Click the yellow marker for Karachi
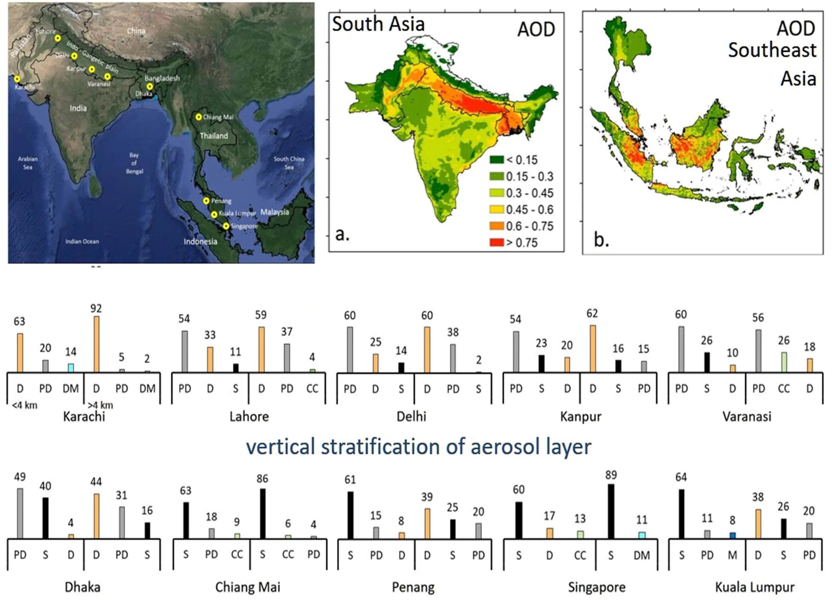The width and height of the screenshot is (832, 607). click(17, 79)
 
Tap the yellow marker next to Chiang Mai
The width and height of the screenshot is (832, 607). click(198, 117)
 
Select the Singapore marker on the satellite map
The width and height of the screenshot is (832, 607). click(226, 226)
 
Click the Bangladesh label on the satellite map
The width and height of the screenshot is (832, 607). click(162, 78)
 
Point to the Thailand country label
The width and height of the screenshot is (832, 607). click(214, 136)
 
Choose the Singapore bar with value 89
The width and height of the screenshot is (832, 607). click(611, 511)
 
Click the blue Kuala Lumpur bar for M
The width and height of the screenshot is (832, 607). click(732, 535)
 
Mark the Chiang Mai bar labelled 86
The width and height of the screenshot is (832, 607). click(262, 514)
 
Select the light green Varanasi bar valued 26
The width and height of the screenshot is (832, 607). click(784, 362)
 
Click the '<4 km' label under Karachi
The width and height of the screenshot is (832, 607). click(25, 406)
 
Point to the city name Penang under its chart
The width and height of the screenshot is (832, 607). click(413, 587)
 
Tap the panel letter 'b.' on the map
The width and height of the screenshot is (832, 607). click(601, 240)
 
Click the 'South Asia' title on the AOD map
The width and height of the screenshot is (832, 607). click(378, 24)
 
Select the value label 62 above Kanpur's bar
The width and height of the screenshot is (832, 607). click(592, 313)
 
